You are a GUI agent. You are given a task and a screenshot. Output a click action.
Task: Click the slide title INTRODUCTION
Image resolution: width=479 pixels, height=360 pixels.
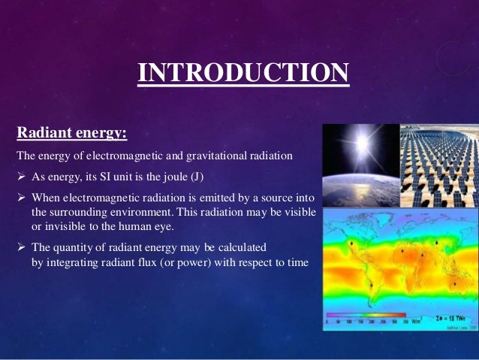tap(243, 74)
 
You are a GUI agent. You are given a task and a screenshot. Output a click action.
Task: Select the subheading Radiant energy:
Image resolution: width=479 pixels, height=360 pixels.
tap(71, 134)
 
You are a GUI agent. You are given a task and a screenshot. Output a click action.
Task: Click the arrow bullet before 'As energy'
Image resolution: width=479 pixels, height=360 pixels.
tap(21, 177)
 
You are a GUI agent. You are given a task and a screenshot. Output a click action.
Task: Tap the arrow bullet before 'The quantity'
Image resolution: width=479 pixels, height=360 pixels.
tap(21, 247)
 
